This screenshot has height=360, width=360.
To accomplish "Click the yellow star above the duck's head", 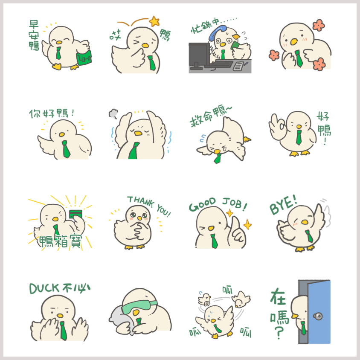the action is point(154,21).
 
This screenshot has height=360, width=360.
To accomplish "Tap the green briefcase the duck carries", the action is point(84,58).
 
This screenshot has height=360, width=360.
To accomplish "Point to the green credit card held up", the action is point(76,214).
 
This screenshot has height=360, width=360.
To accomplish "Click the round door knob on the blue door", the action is point(318,316).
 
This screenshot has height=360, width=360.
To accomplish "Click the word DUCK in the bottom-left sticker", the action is point(44,289).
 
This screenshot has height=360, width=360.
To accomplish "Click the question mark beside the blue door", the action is point(279,333).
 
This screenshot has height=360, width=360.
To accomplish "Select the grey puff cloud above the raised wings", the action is point(113,113).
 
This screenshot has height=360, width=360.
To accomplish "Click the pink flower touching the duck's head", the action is point(319,25).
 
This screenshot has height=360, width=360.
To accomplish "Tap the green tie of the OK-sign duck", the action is point(299,137).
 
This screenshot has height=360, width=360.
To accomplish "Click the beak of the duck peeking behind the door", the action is point(294,316).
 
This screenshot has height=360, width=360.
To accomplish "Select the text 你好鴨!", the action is point(52,113).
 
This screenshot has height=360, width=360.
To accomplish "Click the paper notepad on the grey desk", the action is point(238,66).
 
